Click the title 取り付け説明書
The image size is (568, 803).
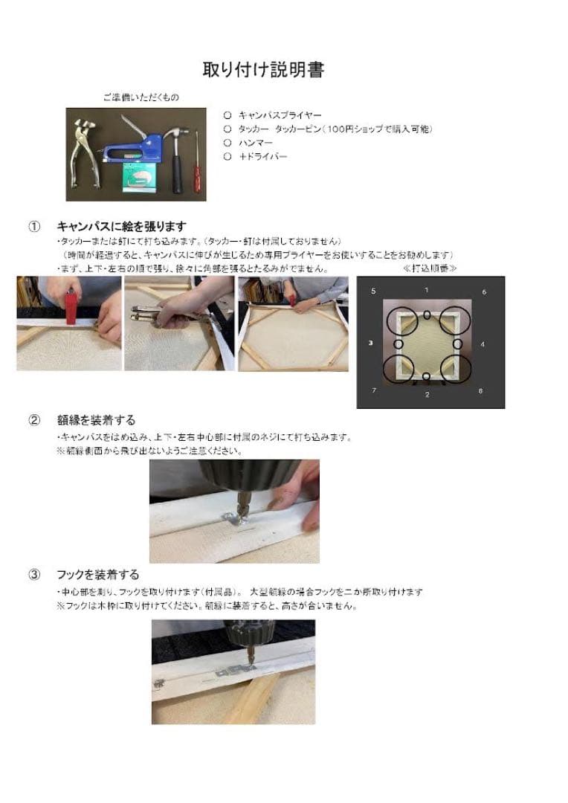[263, 70]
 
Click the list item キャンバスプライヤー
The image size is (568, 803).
[280, 115]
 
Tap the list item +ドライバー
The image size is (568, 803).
[262, 156]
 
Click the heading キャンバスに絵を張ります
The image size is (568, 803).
[121, 226]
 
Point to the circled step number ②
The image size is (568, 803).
[34, 420]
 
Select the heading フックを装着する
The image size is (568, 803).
[97, 575]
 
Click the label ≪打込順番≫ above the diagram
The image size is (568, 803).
[430, 268]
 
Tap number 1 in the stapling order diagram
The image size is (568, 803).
[426, 289]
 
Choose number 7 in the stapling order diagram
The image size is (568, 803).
[373, 390]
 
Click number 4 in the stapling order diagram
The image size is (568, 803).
[483, 344]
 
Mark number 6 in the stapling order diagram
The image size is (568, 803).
[484, 292]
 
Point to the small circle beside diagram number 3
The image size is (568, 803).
[398, 344]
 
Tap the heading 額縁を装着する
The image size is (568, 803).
[96, 420]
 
